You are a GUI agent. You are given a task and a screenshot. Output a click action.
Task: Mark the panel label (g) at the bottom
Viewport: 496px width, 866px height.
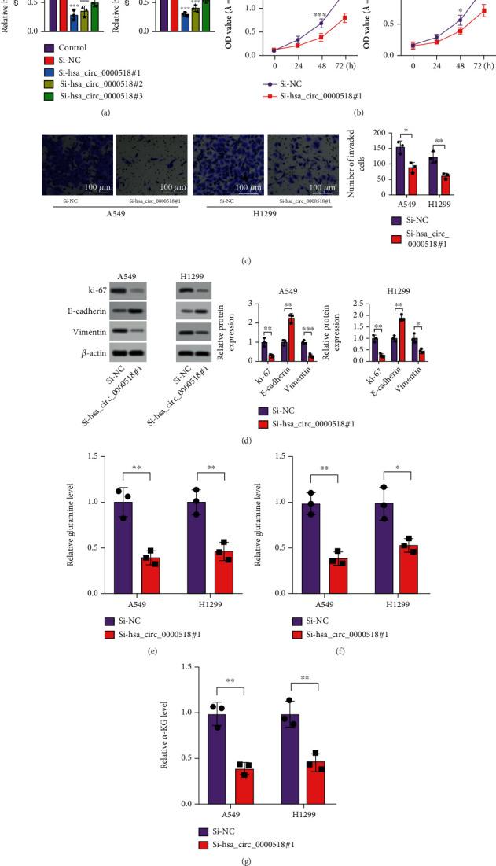(x=248, y=859)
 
